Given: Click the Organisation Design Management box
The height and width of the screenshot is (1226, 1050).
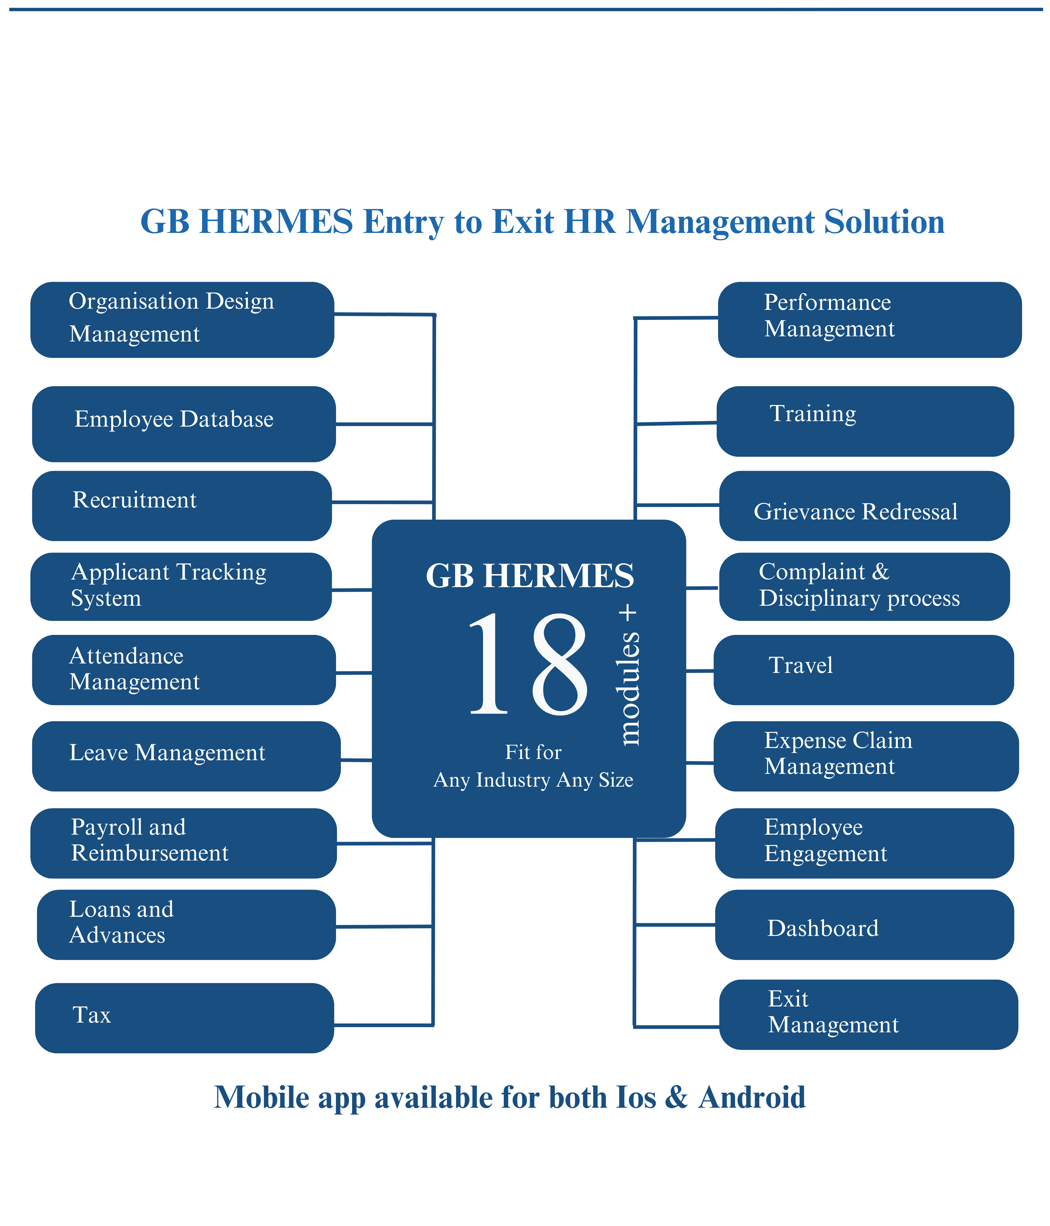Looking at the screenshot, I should coord(182,320).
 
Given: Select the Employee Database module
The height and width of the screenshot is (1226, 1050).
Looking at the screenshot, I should coord(183,424).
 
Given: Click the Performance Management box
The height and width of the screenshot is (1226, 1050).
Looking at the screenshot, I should coord(869,320).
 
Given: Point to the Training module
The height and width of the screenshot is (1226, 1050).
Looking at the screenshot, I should coord(864,421).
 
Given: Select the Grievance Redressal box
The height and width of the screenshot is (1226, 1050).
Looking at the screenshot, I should coord(864,506).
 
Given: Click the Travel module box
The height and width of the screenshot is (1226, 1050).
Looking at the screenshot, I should coord(863,670).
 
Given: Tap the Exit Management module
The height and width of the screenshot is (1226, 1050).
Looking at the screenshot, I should coord(868,1014).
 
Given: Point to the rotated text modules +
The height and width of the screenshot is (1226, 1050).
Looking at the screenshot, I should coord(629,674).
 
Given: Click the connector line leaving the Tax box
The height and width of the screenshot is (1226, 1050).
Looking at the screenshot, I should coord(383,1024).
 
